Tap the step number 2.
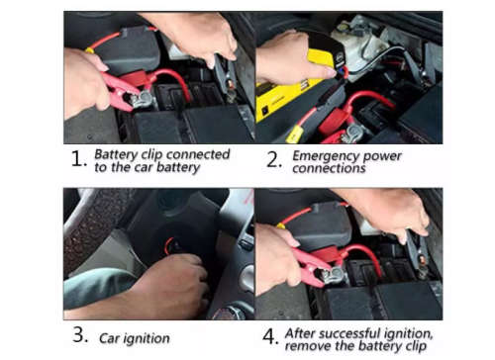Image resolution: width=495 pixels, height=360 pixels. click(x=272, y=160)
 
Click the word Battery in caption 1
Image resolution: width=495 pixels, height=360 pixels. click(x=118, y=154)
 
